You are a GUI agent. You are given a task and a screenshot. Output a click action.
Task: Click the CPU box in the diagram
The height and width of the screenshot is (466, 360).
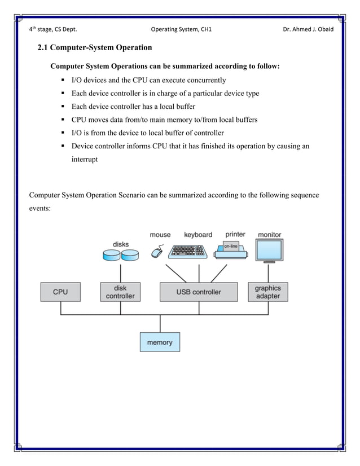[60, 292]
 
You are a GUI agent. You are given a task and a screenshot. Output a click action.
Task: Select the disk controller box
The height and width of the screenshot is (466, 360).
[121, 292]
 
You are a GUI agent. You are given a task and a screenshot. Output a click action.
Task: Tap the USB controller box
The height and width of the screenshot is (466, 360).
[199, 292]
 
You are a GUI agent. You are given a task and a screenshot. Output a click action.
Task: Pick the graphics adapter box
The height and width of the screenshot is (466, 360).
[267, 292]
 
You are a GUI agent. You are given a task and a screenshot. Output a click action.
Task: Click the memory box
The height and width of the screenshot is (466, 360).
[160, 342]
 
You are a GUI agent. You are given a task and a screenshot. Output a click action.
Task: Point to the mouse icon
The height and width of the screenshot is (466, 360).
[157, 252]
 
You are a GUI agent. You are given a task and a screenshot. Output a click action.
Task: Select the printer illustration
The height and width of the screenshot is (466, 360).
[231, 251]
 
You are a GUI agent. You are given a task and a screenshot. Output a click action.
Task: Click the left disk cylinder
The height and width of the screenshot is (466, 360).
[111, 256]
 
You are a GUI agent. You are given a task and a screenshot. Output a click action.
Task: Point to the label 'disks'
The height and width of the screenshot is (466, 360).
[121, 244]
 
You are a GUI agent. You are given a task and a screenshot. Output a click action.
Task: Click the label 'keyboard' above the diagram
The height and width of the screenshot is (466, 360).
[198, 235]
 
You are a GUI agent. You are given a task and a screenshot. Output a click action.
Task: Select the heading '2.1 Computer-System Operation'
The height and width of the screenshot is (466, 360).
[94, 48]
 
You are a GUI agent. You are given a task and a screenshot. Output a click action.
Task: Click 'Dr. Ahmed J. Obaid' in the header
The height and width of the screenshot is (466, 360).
[308, 29]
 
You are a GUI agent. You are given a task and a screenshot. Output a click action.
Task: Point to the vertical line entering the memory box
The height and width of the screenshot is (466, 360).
[160, 324]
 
